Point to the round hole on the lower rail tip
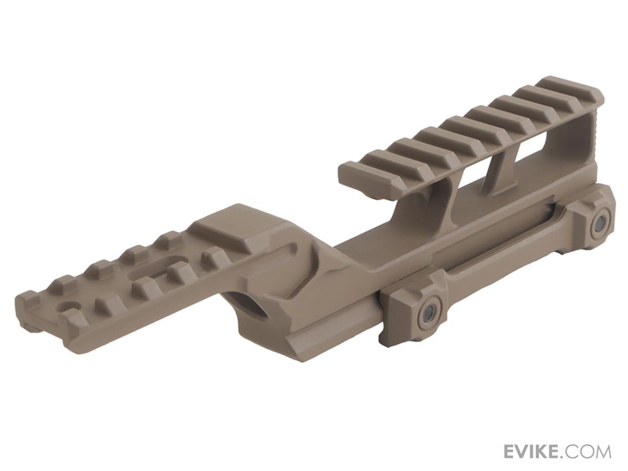66,308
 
